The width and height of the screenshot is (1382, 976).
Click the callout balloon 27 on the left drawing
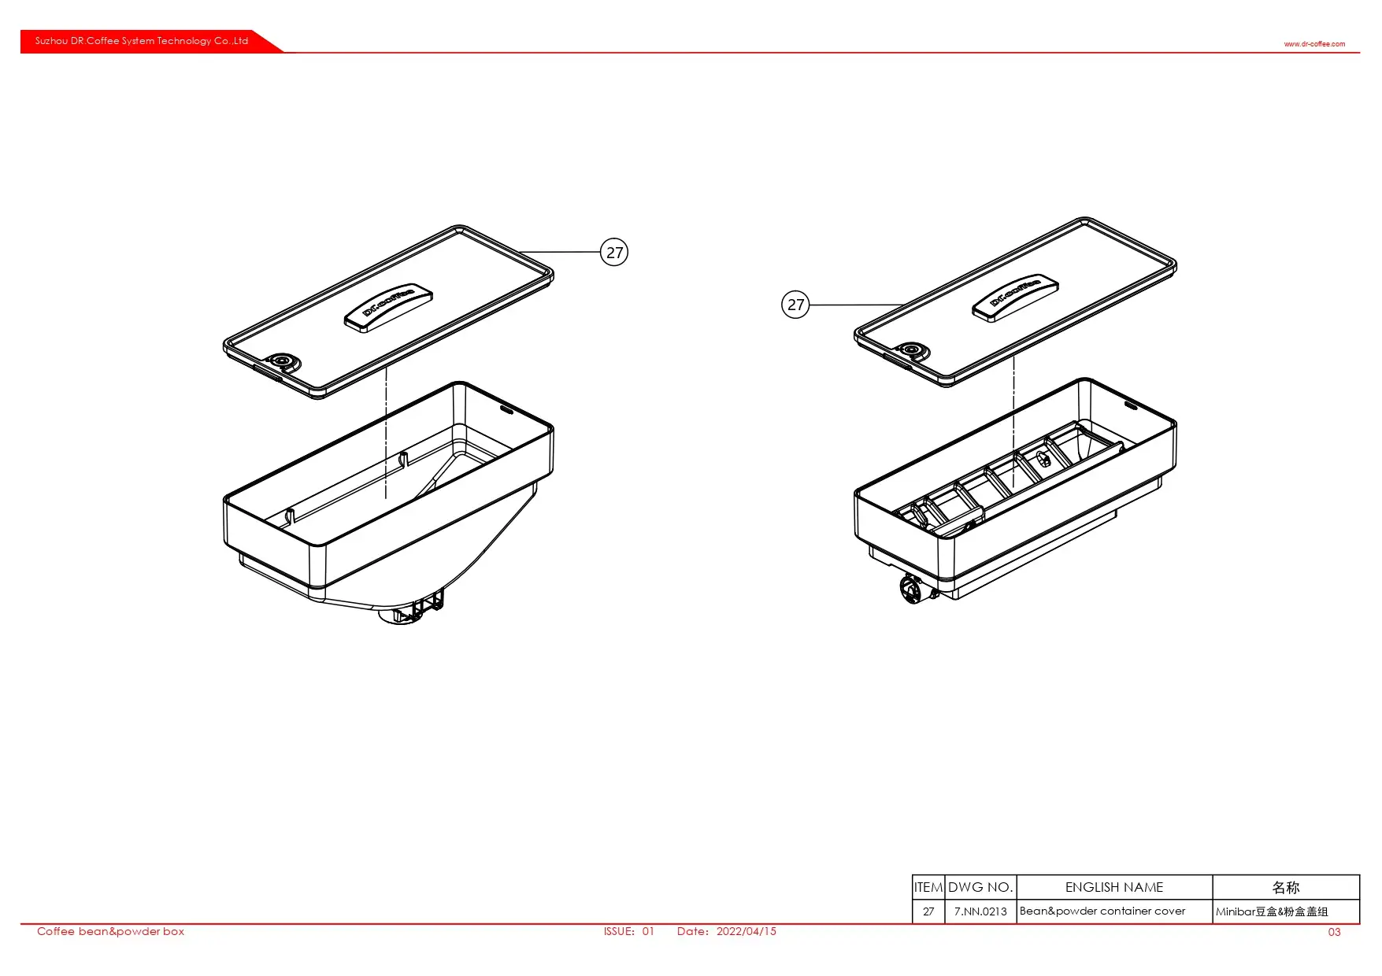[614, 252]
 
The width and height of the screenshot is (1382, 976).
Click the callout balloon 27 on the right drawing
[795, 305]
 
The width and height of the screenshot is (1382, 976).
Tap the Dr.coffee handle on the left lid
[389, 307]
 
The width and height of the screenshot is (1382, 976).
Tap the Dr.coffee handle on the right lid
[1016, 298]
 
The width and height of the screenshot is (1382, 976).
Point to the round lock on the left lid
[282, 361]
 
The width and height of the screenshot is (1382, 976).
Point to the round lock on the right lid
[912, 350]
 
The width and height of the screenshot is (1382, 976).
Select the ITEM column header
[928, 887]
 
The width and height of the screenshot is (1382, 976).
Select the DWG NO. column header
[980, 887]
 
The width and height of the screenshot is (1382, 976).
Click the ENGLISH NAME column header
[1114, 887]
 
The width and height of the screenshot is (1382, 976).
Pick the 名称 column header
[1286, 887]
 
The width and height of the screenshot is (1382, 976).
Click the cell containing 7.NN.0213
[980, 911]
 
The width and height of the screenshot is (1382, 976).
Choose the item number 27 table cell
[928, 911]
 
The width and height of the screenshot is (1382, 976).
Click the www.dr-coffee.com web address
[1314, 44]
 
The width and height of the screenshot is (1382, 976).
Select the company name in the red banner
[142, 41]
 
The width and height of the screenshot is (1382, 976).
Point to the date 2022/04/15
[746, 931]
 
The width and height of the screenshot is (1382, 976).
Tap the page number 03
[1334, 932]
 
